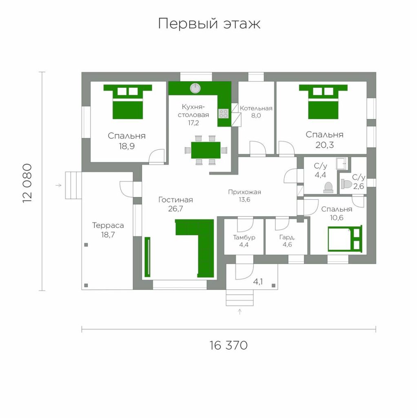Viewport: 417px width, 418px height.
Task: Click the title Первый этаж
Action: [x=209, y=23]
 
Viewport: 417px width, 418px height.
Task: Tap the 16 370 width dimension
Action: [x=228, y=345]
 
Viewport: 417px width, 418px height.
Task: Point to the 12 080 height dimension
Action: [x=27, y=183]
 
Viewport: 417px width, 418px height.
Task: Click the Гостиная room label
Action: [x=175, y=200]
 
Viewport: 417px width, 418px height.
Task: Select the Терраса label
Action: [x=108, y=225]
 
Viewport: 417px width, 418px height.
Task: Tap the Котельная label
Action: [x=256, y=108]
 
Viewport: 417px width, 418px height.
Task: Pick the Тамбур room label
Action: [x=244, y=237]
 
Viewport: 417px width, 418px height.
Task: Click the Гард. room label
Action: [x=287, y=237]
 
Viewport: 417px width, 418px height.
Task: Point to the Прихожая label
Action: [x=244, y=192]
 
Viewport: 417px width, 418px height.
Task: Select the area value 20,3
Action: [x=324, y=145]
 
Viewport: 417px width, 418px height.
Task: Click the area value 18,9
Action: [x=126, y=146]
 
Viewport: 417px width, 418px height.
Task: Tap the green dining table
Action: [x=206, y=150]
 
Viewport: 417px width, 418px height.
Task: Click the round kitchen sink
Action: [x=195, y=88]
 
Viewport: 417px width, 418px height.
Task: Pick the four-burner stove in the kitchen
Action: [x=224, y=113]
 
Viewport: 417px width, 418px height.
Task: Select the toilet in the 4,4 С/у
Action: [x=328, y=187]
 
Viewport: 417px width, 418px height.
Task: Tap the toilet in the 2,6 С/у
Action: [x=346, y=184]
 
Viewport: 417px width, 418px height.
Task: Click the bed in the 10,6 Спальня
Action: [x=345, y=238]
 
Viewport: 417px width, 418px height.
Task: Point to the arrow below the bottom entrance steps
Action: [x=240, y=311]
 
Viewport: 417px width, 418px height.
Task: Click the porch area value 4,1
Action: [x=258, y=282]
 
